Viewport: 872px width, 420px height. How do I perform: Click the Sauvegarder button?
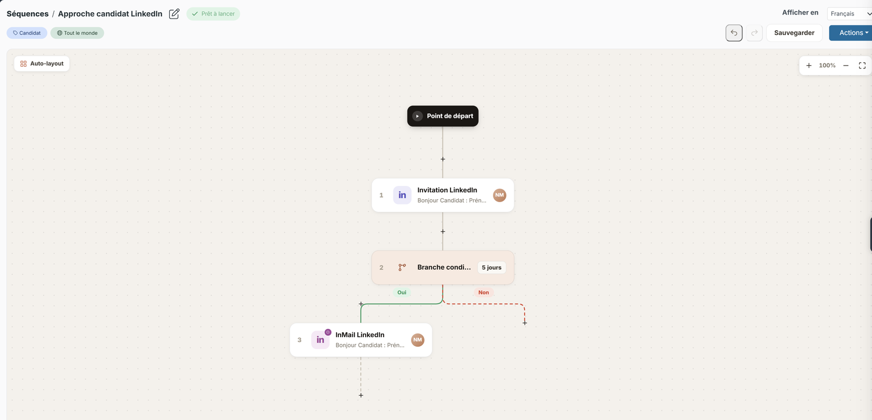(794, 33)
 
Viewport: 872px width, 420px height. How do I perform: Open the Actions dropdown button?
(852, 33)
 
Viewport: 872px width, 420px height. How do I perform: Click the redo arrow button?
(754, 33)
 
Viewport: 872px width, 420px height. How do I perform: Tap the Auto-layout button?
(42, 64)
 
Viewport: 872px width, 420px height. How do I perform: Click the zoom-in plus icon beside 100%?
(809, 65)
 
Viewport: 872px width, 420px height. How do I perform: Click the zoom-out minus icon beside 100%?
(846, 65)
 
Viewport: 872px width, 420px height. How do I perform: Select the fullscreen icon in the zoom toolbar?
(862, 65)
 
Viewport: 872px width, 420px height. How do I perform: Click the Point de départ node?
(442, 116)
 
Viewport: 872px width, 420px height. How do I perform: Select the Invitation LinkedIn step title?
(447, 190)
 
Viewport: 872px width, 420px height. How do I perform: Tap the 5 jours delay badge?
(491, 268)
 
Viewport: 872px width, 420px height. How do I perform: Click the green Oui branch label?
(402, 292)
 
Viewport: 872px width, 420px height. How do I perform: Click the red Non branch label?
(484, 292)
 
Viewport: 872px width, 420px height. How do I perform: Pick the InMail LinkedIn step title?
(360, 335)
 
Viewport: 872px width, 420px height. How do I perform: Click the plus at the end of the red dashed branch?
(525, 323)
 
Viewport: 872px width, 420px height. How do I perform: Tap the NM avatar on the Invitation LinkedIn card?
(499, 195)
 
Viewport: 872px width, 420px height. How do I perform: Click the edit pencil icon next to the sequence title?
(174, 14)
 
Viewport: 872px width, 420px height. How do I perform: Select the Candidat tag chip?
(27, 33)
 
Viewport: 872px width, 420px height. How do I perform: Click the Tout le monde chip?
(77, 33)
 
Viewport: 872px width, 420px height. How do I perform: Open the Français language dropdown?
(850, 13)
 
